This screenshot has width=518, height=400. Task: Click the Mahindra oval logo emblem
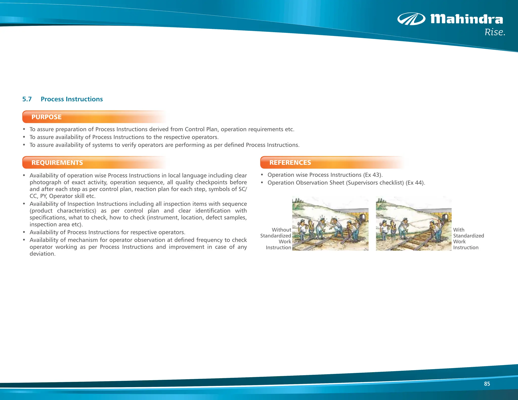[x=411, y=19]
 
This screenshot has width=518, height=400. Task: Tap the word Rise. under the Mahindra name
[x=495, y=32]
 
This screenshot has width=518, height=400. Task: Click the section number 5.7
[x=27, y=99]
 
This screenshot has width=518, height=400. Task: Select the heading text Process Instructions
[x=72, y=99]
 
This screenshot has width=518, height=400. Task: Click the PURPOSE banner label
[x=47, y=117]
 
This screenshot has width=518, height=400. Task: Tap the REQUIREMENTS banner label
[x=57, y=163]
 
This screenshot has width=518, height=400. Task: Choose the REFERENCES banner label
[x=290, y=163]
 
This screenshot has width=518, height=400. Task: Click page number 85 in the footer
[x=487, y=384]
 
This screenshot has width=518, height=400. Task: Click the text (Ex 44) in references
[x=415, y=183]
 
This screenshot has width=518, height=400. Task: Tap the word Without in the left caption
[x=282, y=230]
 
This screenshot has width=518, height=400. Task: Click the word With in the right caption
[x=459, y=230]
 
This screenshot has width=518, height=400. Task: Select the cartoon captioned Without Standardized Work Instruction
[x=330, y=224]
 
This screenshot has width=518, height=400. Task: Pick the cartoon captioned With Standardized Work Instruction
[x=414, y=224]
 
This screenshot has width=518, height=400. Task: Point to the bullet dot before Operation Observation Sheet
[x=262, y=183]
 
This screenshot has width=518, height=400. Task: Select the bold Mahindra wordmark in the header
[x=467, y=19]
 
